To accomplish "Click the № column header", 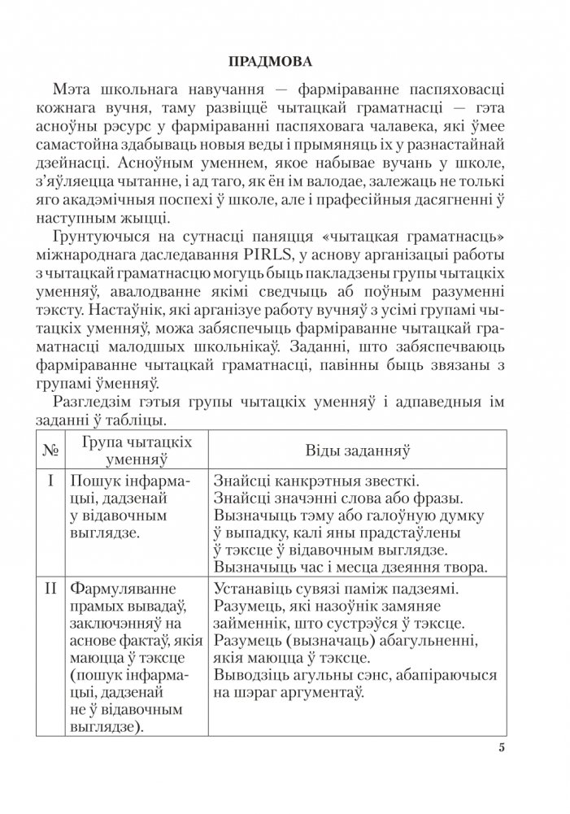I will click(x=50, y=449).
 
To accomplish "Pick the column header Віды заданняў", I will click(x=356, y=450).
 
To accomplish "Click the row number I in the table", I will click(x=50, y=481).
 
